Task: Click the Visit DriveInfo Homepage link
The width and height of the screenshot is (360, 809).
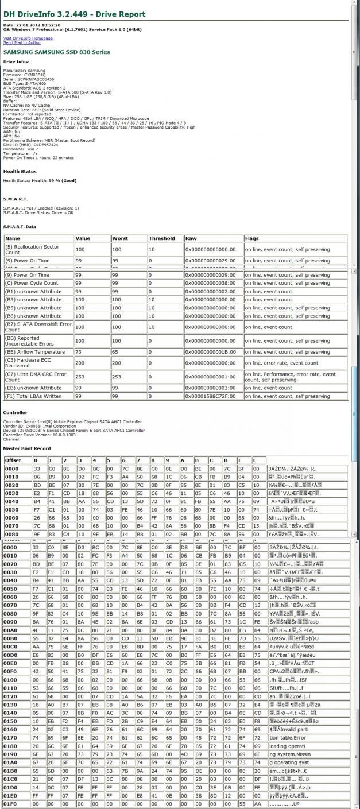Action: click(x=28, y=38)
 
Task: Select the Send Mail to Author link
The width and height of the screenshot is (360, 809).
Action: click(x=22, y=42)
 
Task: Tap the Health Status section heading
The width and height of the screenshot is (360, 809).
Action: click(x=20, y=171)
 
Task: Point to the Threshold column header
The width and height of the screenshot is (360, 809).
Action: click(x=161, y=238)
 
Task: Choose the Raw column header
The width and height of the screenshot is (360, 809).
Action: click(x=191, y=238)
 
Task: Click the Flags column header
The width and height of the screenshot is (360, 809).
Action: click(x=252, y=238)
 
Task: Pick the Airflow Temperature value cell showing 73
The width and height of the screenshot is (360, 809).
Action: click(x=79, y=352)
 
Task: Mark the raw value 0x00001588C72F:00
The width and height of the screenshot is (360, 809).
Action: click(x=210, y=396)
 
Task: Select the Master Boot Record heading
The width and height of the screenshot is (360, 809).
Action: click(x=26, y=448)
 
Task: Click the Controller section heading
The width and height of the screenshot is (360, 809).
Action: click(x=15, y=412)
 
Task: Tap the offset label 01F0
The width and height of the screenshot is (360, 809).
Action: click(x=11, y=804)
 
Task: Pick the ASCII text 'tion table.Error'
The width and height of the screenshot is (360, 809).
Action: click(x=287, y=737)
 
